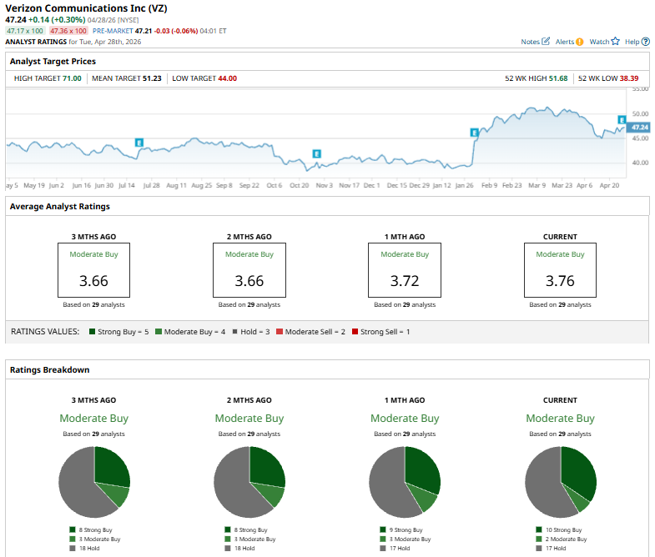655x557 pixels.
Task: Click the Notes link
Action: coord(535,41)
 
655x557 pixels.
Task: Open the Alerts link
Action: coord(569,41)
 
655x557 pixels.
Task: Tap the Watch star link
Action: coord(604,41)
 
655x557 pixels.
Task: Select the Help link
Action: coord(635,41)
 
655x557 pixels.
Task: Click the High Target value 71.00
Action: coord(72,78)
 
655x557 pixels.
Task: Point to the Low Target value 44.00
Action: coord(227,78)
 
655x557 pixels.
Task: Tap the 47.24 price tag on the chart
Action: coord(639,128)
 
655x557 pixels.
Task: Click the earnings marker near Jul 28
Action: coord(139,143)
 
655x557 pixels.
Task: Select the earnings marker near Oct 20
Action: coord(316,153)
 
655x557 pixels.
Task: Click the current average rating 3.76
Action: coord(560,281)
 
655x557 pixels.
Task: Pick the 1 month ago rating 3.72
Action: coord(405,281)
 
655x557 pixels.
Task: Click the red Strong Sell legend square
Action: coord(355,332)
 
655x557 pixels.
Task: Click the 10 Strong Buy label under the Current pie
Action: coord(563,529)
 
